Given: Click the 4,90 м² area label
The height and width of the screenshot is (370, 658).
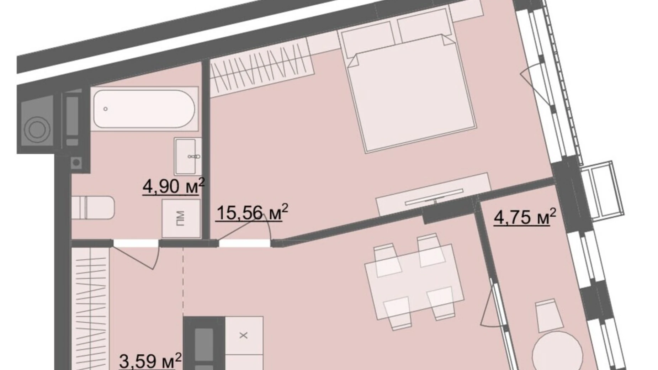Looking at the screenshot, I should [x=173, y=186].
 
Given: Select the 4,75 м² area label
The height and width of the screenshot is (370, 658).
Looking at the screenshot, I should [x=524, y=217].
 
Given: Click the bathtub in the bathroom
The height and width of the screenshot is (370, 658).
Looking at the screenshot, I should [x=144, y=109].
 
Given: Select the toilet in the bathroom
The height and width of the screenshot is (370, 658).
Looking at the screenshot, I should [x=93, y=208].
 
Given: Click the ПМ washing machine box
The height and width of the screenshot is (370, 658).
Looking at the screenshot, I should [x=181, y=218].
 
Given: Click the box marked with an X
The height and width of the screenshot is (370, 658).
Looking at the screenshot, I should [x=244, y=335].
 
